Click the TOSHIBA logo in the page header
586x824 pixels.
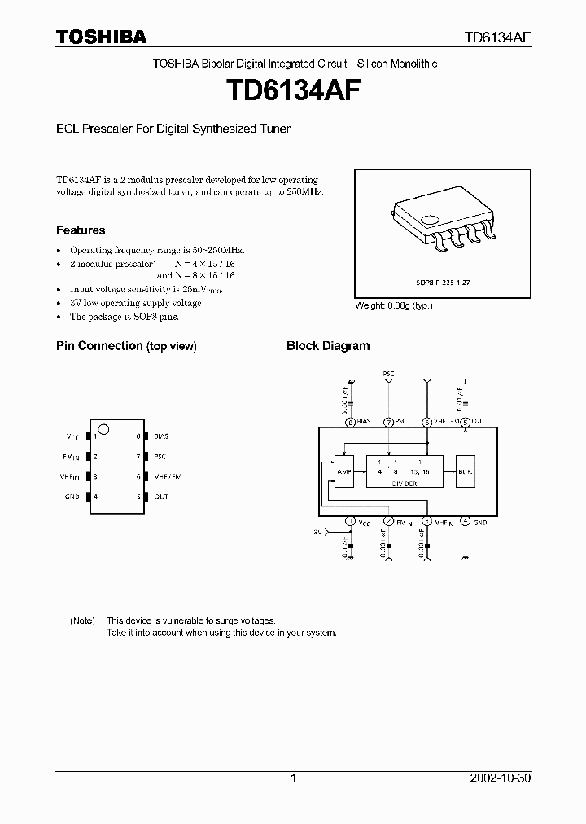101,37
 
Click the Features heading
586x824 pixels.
80,230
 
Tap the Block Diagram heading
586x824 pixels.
327,346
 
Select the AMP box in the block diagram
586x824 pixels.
345,471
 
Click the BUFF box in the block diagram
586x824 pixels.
465,471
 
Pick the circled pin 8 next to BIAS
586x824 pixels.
350,422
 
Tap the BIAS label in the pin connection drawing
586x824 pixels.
160,437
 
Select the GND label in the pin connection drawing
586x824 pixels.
72,497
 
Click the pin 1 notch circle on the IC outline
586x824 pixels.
103,430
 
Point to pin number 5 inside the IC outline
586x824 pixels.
138,497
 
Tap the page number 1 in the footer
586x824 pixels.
293,778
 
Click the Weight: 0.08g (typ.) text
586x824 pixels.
394,305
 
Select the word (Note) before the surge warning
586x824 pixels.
82,620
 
